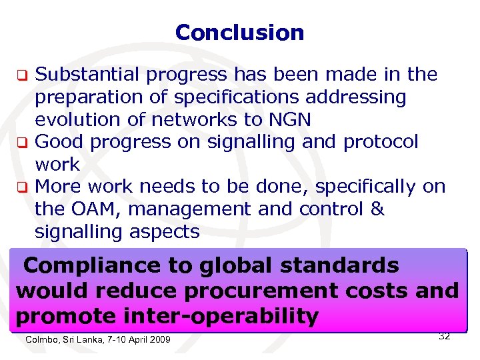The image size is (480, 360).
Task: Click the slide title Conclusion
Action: [x=239, y=32]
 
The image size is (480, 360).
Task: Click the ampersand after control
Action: [x=377, y=209]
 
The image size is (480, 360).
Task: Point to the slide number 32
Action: [x=444, y=336]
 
